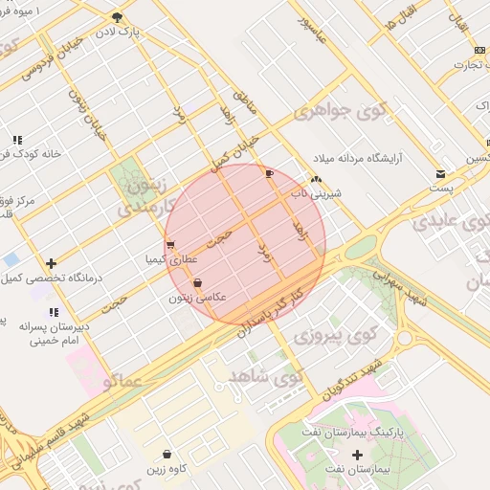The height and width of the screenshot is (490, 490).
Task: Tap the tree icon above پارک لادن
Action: pyautogui.click(x=118, y=17)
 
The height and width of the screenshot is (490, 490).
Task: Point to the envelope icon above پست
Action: pyautogui.click(x=440, y=174)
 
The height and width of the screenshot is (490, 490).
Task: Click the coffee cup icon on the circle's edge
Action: pyautogui.click(x=269, y=173)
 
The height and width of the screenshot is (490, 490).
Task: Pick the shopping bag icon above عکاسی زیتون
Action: pyautogui.click(x=197, y=283)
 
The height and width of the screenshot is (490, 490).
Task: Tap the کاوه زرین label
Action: pyautogui.click(x=167, y=468)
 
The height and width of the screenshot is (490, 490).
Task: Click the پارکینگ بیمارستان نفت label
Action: pyautogui.click(x=360, y=433)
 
